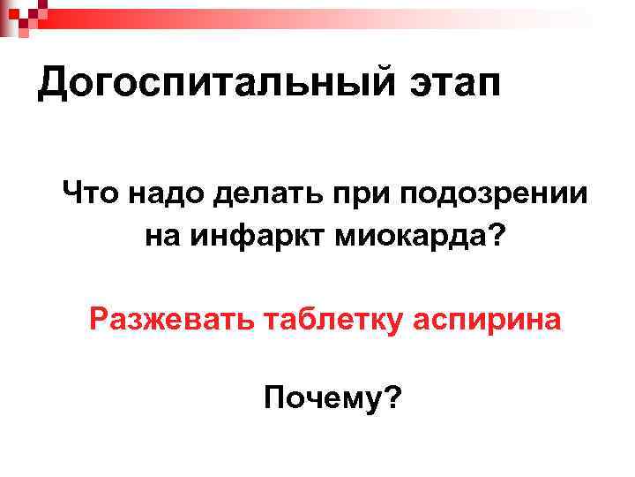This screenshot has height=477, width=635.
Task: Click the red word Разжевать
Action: click(x=168, y=318)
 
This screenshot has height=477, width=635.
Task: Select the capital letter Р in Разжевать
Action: click(x=99, y=317)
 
